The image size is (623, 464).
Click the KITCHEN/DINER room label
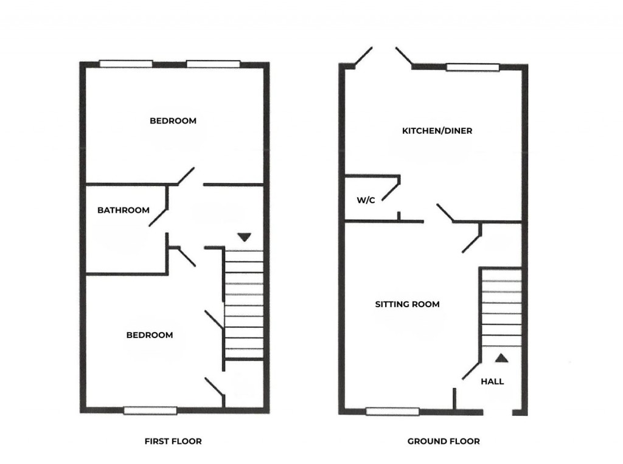click(x=437, y=131)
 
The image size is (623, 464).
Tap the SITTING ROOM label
click(x=407, y=304)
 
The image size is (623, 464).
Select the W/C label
click(x=366, y=200)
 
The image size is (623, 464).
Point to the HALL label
click(x=492, y=382)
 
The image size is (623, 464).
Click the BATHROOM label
click(x=124, y=210)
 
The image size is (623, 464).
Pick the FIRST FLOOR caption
click(x=173, y=441)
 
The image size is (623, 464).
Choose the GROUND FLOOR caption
click(x=443, y=441)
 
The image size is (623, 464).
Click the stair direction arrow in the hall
click(x=501, y=358)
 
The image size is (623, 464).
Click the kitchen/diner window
click(x=473, y=67)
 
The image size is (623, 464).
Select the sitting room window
click(x=392, y=412)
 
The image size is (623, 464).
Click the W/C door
click(x=392, y=190)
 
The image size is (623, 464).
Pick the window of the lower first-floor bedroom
click(x=150, y=410)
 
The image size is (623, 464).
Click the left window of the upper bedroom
click(x=126, y=63)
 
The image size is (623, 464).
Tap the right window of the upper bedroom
click(x=213, y=63)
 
